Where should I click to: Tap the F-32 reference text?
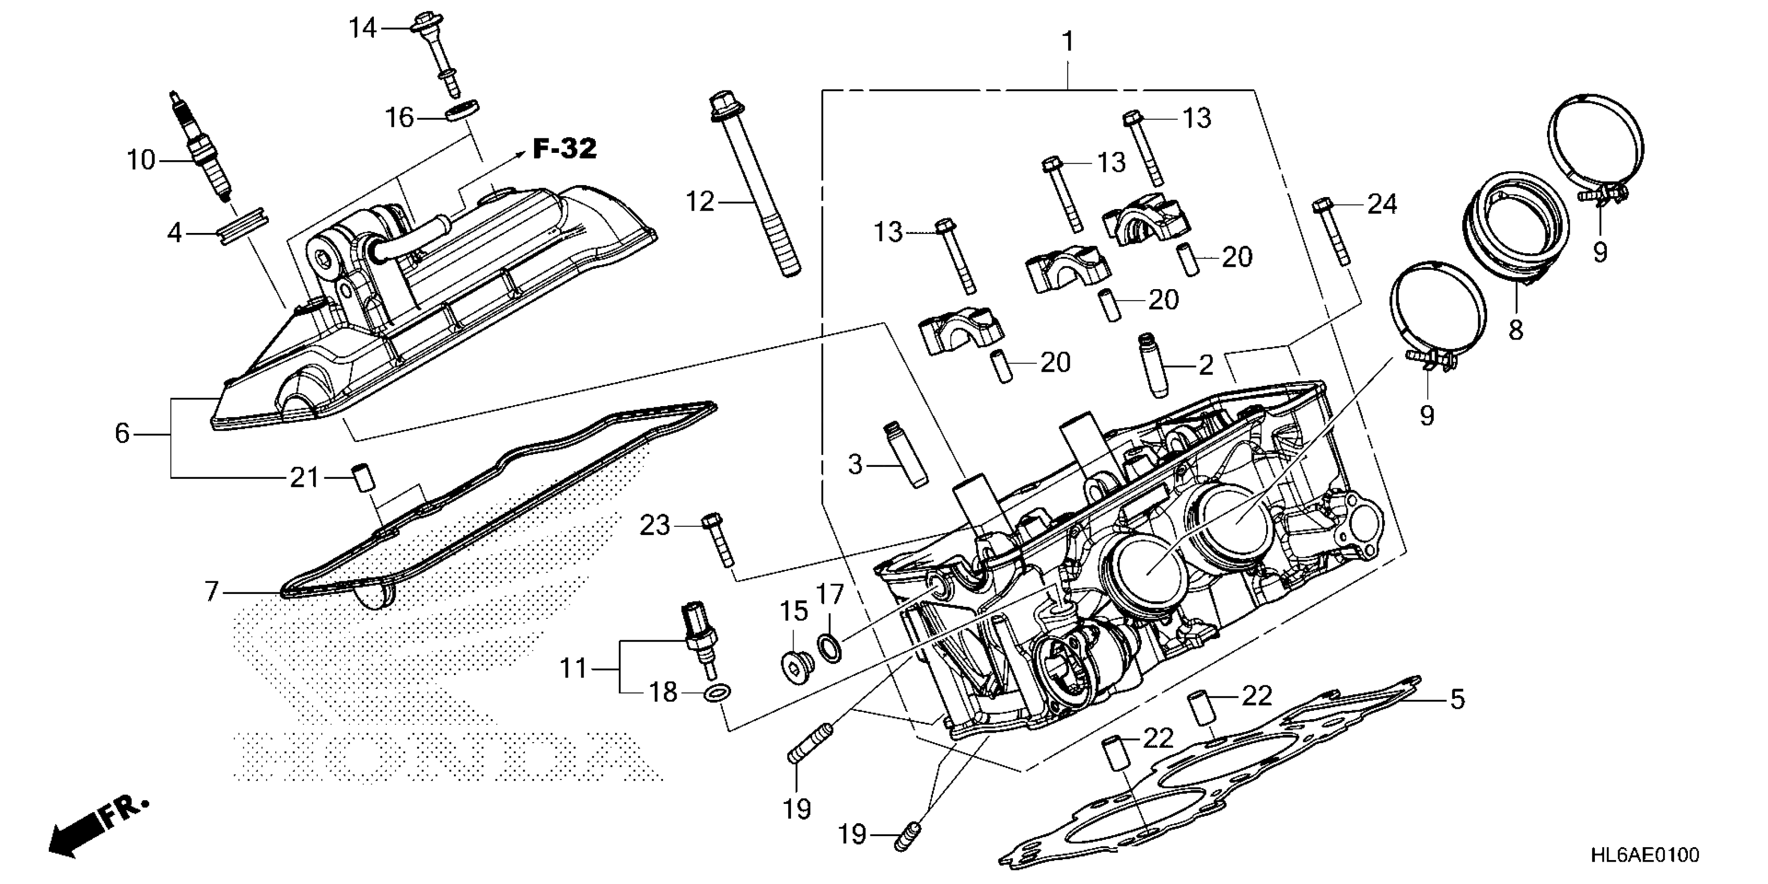564,149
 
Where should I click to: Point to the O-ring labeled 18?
717,693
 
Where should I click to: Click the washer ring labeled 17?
829,647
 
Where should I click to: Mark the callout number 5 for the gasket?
1457,699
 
